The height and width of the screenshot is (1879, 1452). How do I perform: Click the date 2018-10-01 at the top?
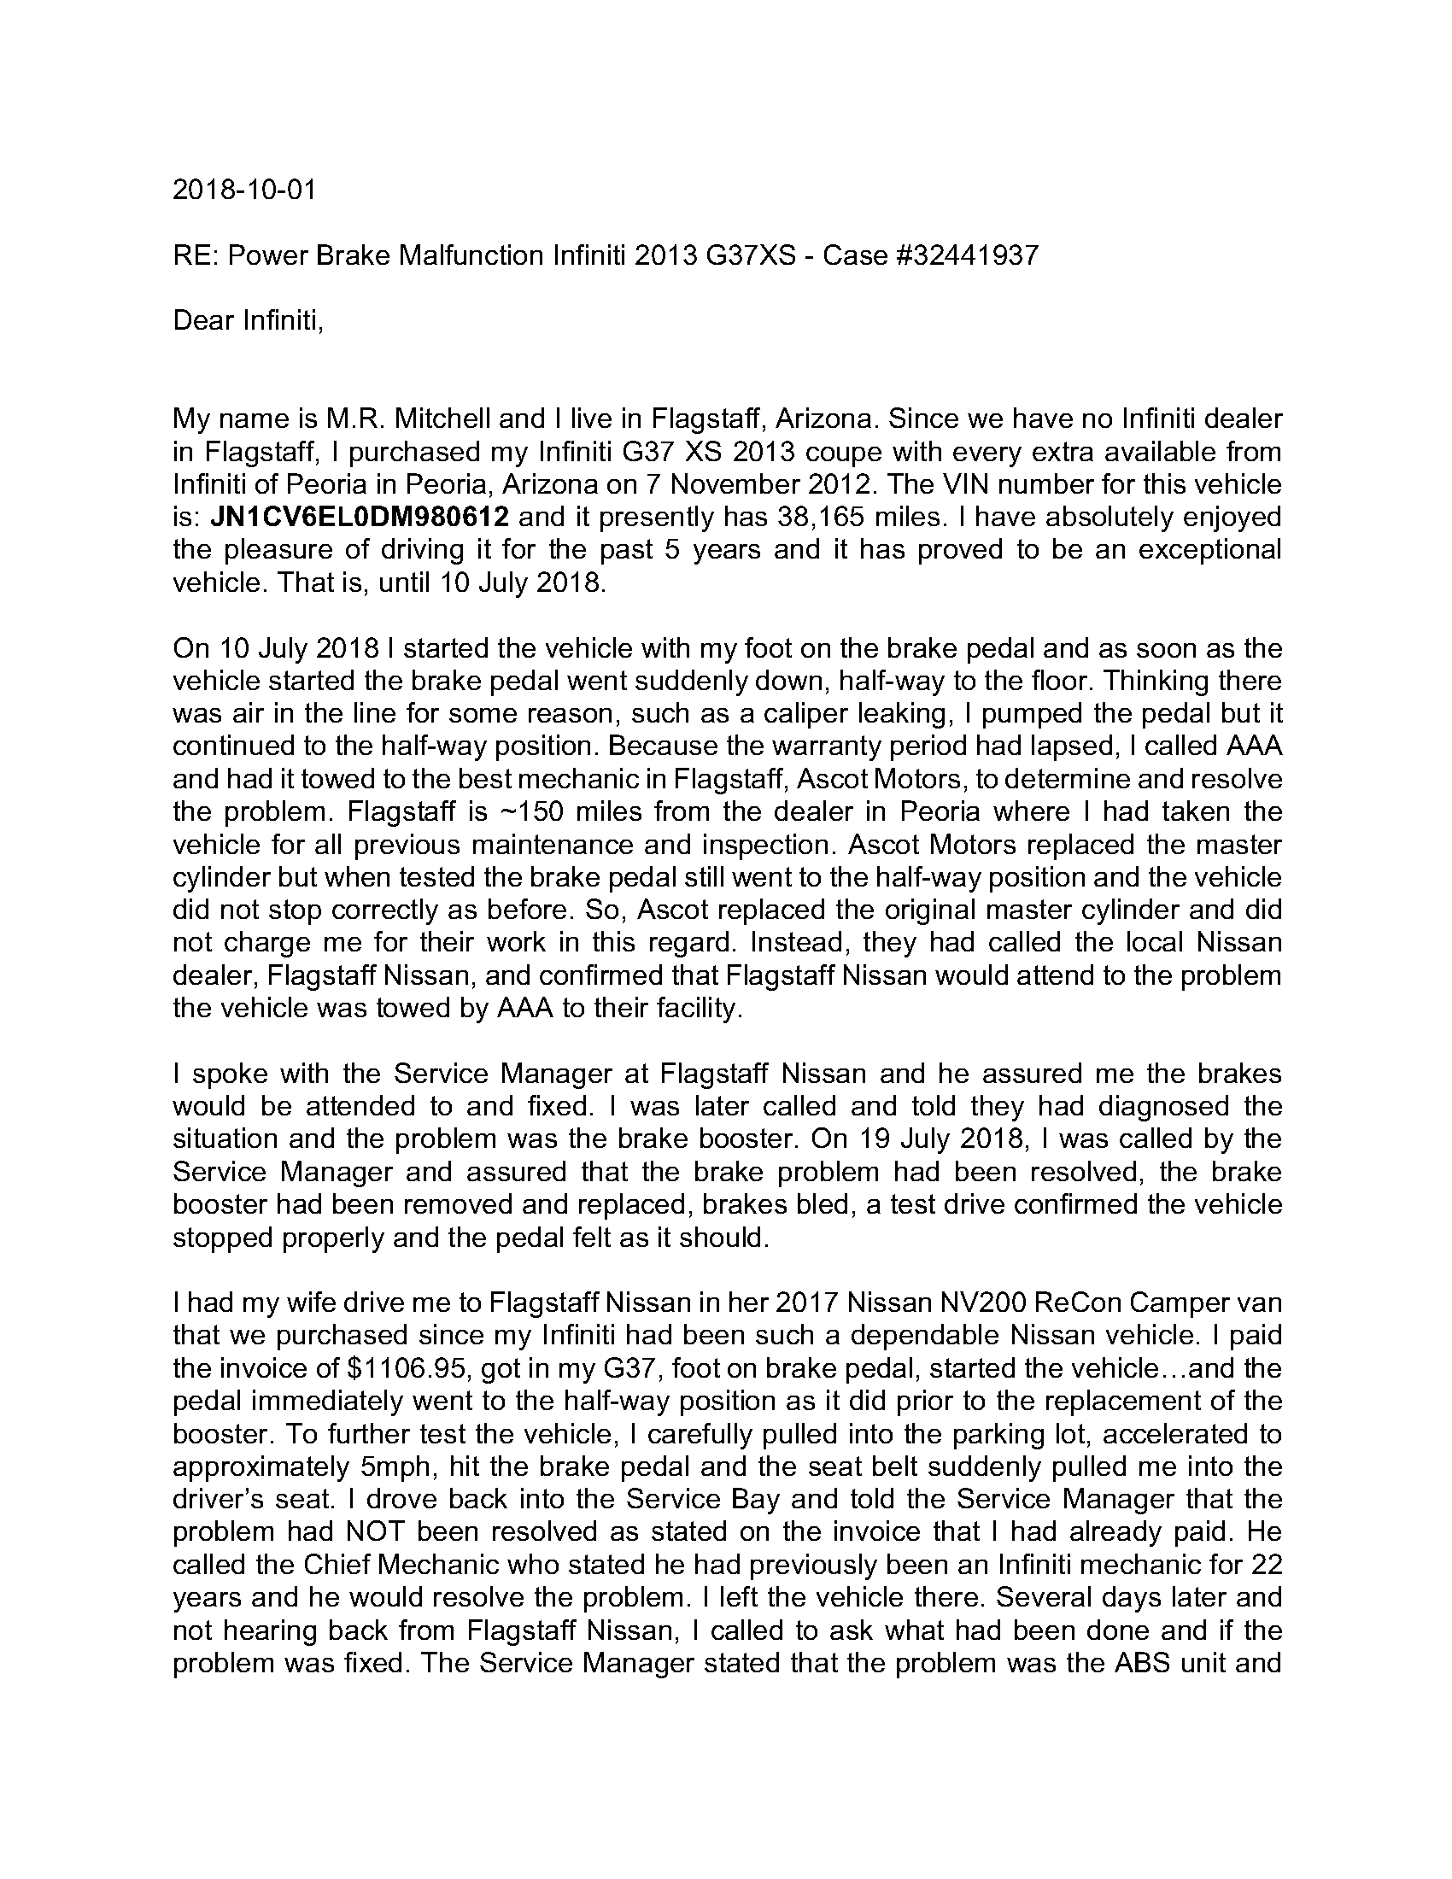[x=244, y=190]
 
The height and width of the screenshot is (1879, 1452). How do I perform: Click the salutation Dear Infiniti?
[x=248, y=321]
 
